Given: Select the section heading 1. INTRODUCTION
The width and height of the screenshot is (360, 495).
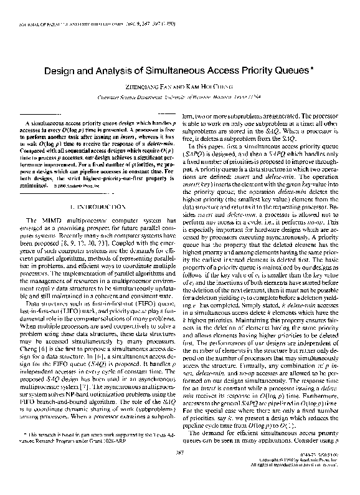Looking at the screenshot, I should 95,206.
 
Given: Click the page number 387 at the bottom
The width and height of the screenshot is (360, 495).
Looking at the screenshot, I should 180,468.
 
